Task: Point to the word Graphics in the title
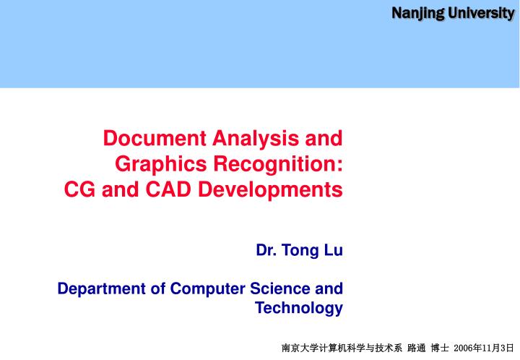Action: [160, 164]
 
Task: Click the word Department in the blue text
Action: [101, 289]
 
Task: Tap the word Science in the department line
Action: [281, 289]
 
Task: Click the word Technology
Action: [299, 309]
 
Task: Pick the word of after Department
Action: [157, 289]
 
